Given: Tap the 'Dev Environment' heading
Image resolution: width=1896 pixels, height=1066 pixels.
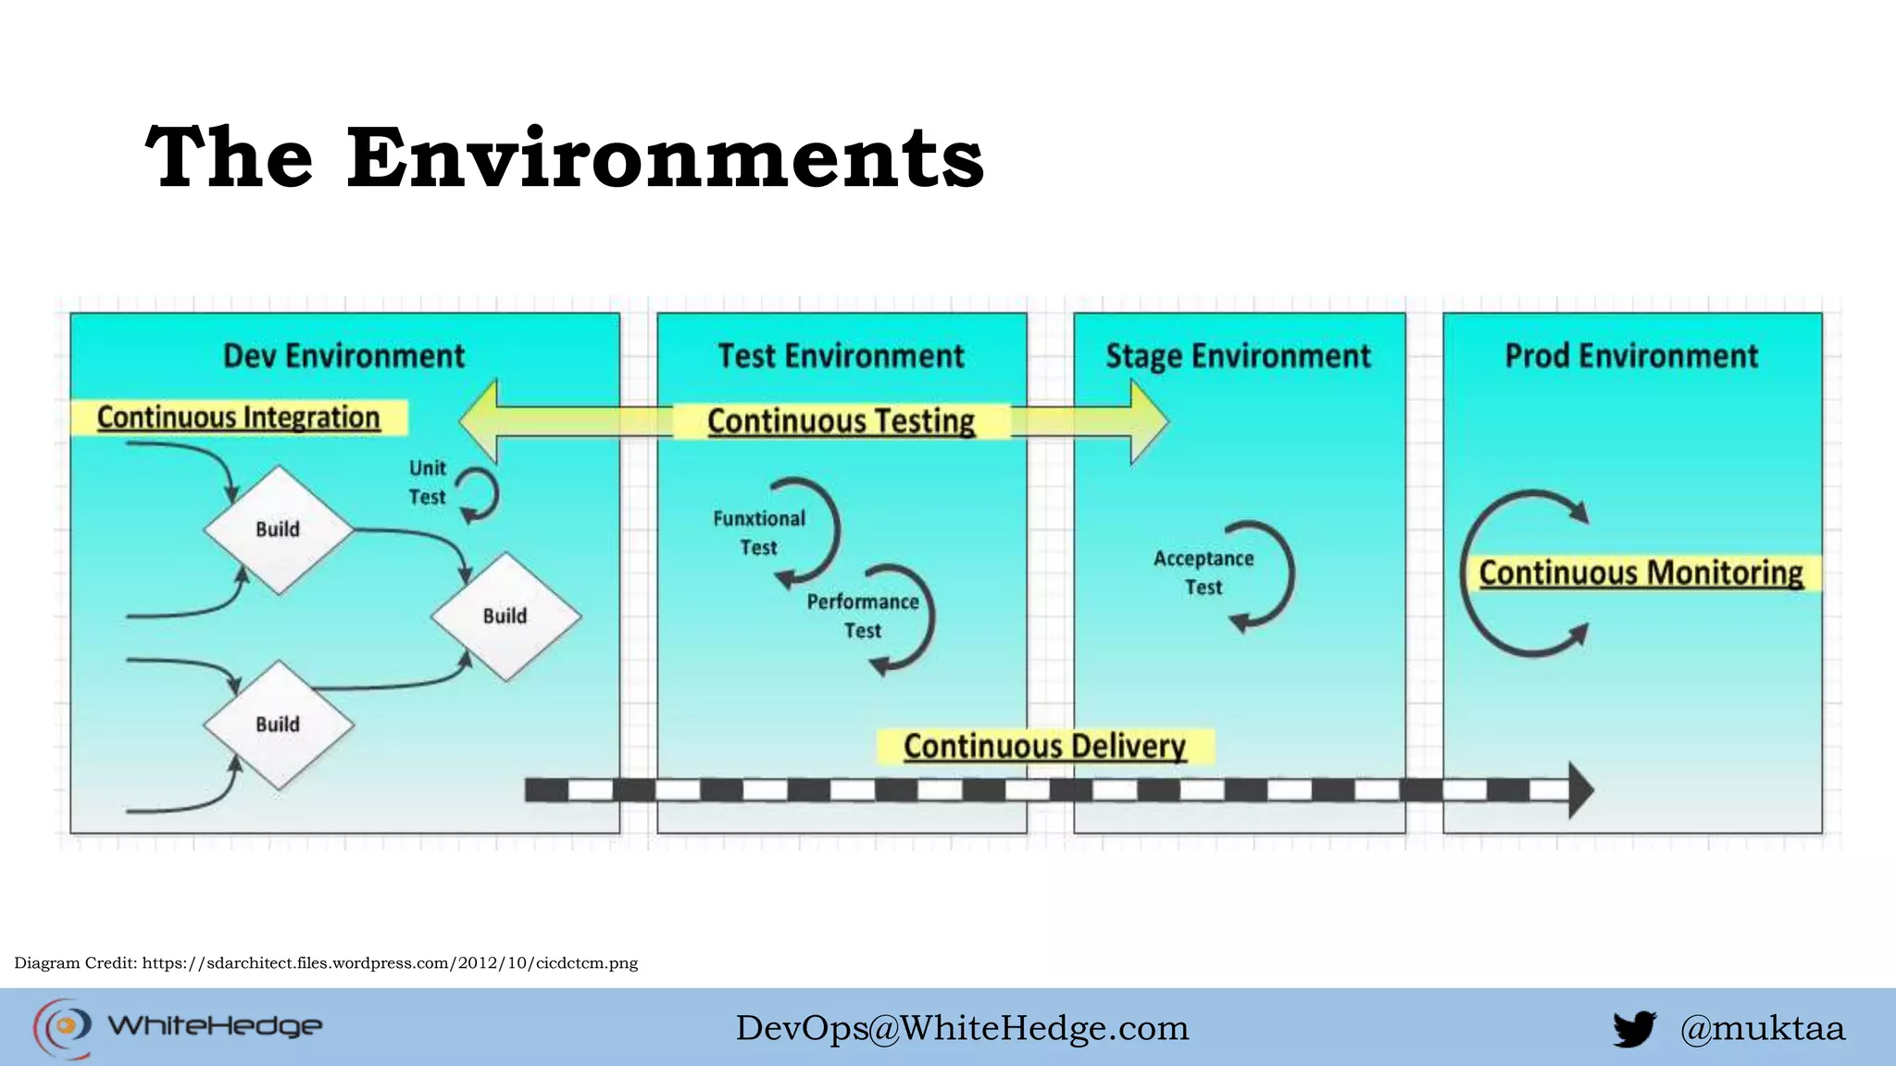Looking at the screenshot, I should [344, 356].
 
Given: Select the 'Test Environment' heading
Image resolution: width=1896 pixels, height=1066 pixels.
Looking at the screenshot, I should [841, 356].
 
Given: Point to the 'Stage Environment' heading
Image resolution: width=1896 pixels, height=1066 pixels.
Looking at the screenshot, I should [1238, 356].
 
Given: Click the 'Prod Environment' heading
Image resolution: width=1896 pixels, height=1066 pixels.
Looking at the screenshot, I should [1631, 356].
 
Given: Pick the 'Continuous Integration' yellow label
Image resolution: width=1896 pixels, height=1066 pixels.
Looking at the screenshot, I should [239, 417].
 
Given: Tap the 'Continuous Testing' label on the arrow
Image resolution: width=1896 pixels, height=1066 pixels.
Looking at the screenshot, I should [841, 421].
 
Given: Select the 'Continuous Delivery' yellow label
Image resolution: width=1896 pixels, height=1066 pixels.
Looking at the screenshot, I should [1044, 746].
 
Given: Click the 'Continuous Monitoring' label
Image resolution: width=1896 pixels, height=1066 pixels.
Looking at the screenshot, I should [1640, 573].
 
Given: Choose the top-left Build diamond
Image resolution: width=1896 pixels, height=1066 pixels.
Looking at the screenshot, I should [278, 529].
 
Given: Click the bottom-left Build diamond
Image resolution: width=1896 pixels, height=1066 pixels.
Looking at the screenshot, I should [278, 725].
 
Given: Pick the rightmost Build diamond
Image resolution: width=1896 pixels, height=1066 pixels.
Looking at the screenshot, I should [505, 616].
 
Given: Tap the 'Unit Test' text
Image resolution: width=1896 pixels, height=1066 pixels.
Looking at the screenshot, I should [428, 482].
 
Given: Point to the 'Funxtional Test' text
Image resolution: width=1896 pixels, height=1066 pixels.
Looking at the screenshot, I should [759, 533].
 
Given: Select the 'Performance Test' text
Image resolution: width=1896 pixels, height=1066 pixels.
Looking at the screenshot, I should [863, 616].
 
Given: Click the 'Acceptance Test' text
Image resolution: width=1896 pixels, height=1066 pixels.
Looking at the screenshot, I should [1204, 573].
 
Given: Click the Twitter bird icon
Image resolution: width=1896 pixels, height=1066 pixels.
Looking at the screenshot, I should [1634, 1028].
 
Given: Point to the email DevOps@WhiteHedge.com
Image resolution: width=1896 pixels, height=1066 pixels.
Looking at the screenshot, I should [962, 1028].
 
